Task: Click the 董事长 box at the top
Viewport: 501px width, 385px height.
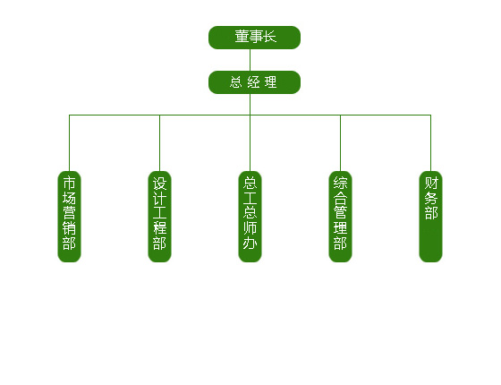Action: [254, 38]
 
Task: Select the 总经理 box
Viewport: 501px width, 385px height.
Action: [254, 82]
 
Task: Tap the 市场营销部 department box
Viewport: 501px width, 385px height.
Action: [70, 217]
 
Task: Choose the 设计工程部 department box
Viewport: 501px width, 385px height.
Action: [160, 217]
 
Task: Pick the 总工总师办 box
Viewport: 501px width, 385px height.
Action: [250, 217]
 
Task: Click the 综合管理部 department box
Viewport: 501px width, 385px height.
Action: [341, 217]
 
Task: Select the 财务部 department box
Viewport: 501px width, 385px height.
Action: [431, 217]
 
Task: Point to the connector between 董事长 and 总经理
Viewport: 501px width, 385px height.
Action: [250, 60]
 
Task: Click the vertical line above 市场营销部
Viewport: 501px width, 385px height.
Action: [70, 143]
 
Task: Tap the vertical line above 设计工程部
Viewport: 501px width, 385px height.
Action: [160, 143]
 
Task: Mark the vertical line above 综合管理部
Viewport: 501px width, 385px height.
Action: [341, 143]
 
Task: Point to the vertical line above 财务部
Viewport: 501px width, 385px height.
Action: [431, 143]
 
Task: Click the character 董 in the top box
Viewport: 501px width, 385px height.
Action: [242, 37]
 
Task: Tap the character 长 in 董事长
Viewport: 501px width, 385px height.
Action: [269, 37]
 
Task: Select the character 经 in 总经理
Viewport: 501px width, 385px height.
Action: [253, 82]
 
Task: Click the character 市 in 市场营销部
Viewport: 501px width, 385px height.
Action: [70, 184]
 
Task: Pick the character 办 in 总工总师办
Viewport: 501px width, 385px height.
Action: [250, 243]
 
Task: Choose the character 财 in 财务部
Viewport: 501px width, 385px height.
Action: [431, 184]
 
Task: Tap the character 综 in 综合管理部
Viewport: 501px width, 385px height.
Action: [341, 184]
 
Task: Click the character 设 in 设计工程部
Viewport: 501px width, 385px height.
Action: [160, 184]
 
